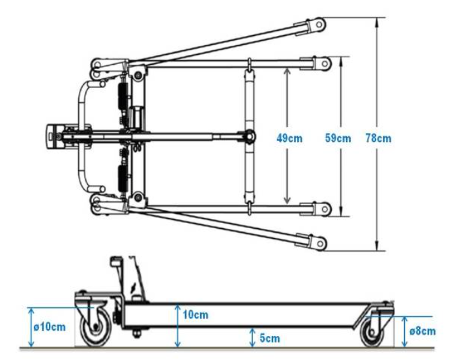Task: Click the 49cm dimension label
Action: [x=289, y=138]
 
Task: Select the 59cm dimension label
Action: [x=338, y=138]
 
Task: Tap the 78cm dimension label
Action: [x=378, y=138]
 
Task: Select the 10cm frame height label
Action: [x=195, y=316]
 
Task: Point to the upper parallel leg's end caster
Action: [x=324, y=63]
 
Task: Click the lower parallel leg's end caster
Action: [x=324, y=209]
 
